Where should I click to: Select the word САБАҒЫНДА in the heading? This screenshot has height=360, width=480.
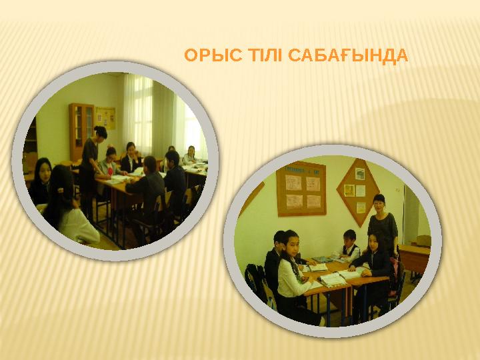pos(349,56)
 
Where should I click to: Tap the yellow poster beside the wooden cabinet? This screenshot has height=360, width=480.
pos(105,118)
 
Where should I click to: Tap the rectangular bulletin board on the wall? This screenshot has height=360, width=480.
pos(301,189)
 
